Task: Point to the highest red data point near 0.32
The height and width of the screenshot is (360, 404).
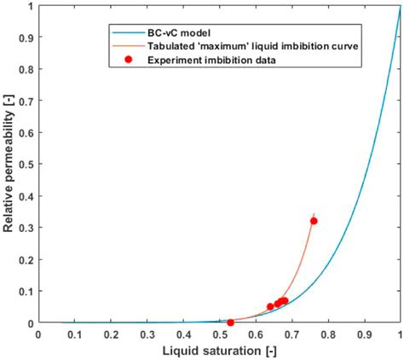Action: [x=314, y=221]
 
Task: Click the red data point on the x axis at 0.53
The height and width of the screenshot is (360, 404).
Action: [x=230, y=322]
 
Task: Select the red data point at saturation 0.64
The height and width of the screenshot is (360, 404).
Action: [x=270, y=306]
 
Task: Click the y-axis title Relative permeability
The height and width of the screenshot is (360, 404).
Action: [x=10, y=165]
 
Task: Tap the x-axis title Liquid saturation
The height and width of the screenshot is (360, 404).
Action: [x=219, y=351]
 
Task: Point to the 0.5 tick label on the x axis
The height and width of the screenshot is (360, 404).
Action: [x=219, y=334]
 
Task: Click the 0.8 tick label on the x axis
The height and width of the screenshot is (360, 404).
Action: [x=328, y=334]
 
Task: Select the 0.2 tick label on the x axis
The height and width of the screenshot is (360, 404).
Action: [x=111, y=334]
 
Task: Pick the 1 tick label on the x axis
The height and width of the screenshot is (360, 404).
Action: [x=400, y=334]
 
